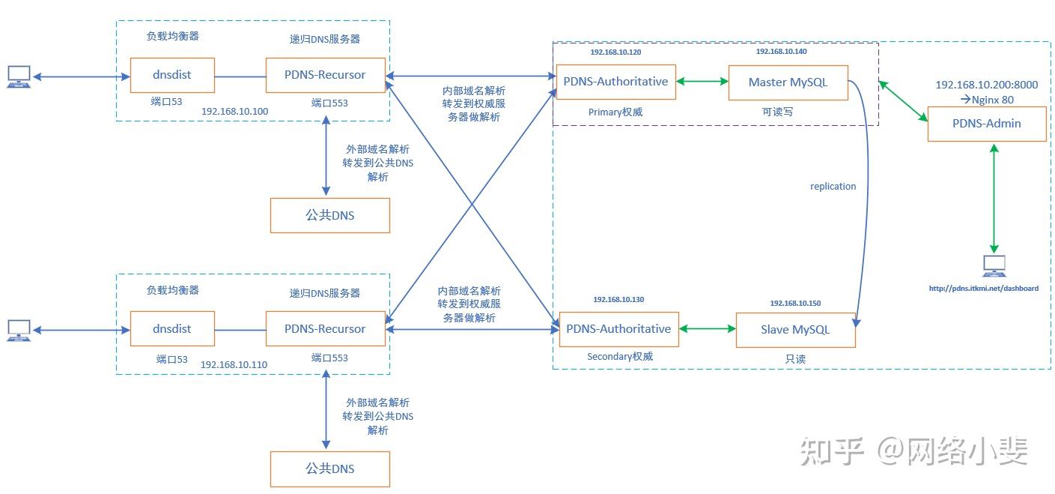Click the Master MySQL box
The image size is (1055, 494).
(x=788, y=82)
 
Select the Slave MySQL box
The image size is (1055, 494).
(x=795, y=330)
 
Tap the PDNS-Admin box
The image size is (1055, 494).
(x=986, y=124)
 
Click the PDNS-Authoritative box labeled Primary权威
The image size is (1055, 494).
(x=615, y=82)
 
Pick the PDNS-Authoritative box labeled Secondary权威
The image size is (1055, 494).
(x=618, y=329)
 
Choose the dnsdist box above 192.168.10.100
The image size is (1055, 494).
(x=172, y=76)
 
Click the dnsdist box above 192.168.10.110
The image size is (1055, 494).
(x=172, y=329)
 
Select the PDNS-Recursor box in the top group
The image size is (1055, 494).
(x=325, y=76)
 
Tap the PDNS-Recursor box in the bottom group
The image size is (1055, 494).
(x=325, y=329)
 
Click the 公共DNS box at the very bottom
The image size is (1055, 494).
(x=329, y=469)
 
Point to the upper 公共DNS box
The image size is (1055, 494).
(x=329, y=215)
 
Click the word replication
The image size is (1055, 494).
(x=833, y=186)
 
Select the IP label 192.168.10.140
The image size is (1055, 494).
(x=781, y=52)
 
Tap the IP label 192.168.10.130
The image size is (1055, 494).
(x=618, y=300)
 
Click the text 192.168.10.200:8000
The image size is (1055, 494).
(x=986, y=85)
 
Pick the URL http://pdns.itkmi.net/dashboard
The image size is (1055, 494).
(x=983, y=288)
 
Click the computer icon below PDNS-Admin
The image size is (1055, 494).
(x=994, y=265)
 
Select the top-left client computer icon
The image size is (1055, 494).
(x=19, y=76)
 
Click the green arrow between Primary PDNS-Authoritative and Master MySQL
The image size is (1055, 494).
(x=702, y=81)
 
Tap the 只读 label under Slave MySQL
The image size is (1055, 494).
(x=795, y=359)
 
